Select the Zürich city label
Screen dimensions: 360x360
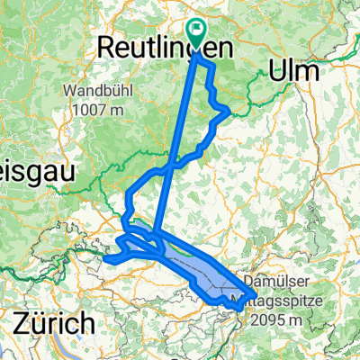point(52,321)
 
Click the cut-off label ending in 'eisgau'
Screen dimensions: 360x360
point(28,170)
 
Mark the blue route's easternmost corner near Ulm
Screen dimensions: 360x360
point(229,111)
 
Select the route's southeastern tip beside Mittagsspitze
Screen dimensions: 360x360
point(239,308)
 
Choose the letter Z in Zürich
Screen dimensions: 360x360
point(20,321)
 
